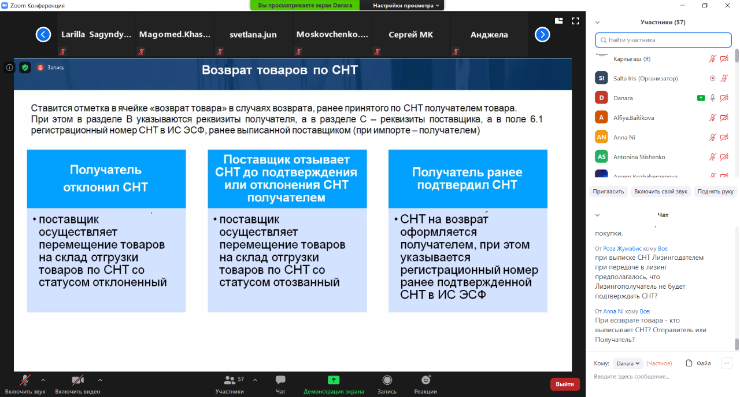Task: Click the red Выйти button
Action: (565, 384)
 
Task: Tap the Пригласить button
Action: (608, 192)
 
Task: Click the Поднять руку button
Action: (715, 192)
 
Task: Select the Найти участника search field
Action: (663, 40)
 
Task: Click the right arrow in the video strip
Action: (542, 34)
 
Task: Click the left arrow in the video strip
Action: (43, 34)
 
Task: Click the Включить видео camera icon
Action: (77, 380)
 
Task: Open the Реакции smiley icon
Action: (426, 380)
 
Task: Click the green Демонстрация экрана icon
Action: (334, 380)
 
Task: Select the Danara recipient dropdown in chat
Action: (628, 363)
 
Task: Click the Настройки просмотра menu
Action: (406, 5)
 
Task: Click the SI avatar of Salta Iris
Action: (601, 78)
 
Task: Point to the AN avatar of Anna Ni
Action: (601, 137)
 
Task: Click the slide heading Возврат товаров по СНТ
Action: (280, 70)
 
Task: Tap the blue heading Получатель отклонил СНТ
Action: (106, 178)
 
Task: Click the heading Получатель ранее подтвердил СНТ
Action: (467, 178)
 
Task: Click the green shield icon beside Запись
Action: (25, 68)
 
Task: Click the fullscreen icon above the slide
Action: (575, 21)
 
